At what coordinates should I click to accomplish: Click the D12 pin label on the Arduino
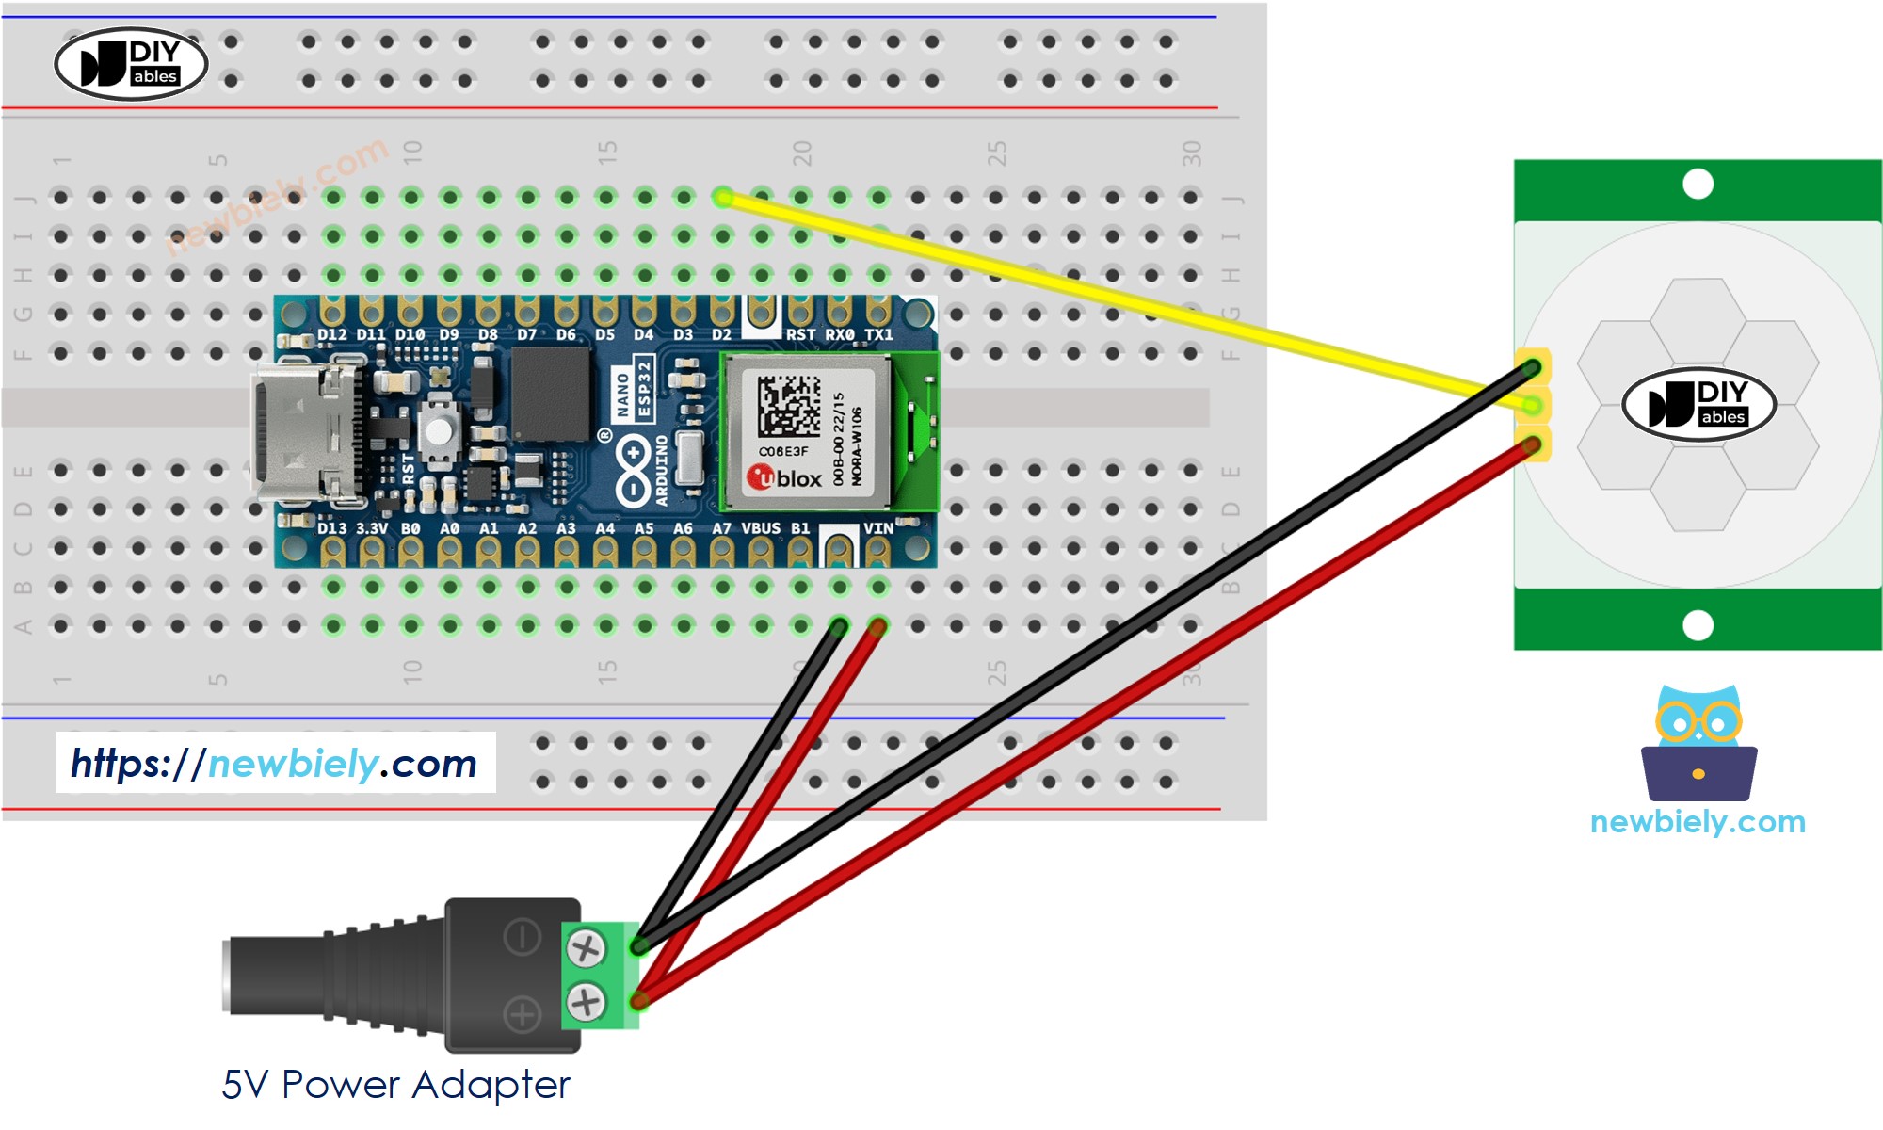click(x=331, y=334)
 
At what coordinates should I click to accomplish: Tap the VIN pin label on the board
click(x=878, y=528)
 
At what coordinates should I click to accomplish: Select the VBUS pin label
click(x=761, y=528)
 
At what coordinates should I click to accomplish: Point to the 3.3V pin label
click(x=371, y=528)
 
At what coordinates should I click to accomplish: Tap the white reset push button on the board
click(x=438, y=431)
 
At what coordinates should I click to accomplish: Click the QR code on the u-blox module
click(x=789, y=406)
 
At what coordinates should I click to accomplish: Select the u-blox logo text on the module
click(x=786, y=478)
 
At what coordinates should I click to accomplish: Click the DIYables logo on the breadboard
click(x=131, y=64)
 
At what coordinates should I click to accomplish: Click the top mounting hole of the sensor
click(x=1698, y=184)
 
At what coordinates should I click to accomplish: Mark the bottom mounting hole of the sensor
click(x=1698, y=625)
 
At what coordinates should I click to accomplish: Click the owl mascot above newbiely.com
click(x=1698, y=744)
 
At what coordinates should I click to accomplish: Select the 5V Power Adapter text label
click(x=395, y=1085)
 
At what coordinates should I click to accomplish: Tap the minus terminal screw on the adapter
click(x=586, y=948)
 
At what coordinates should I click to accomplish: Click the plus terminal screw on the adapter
click(x=586, y=1001)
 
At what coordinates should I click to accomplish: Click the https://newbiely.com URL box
click(x=275, y=763)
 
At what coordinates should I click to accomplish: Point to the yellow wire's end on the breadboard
click(x=723, y=197)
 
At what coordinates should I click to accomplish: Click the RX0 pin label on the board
click(x=839, y=334)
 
